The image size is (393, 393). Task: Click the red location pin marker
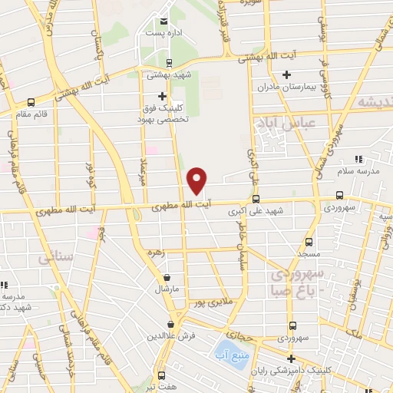(197, 180)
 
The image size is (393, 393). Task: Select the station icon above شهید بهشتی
(168, 63)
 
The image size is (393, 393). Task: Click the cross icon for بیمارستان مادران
(286, 74)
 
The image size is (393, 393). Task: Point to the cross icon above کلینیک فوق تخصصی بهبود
(162, 96)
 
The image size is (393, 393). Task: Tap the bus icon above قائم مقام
(31, 102)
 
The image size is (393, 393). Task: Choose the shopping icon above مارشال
(167, 277)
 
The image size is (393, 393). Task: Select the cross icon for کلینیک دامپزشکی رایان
(291, 358)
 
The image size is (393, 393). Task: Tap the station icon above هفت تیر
(161, 375)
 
